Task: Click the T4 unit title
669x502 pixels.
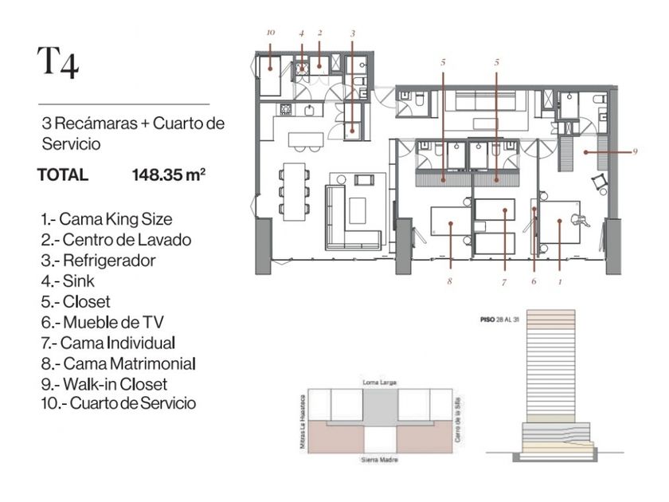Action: coord(58,62)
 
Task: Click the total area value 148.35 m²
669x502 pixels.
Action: coord(169,175)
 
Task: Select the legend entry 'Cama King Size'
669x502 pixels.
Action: coord(107,219)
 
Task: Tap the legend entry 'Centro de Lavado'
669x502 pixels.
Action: coord(116,240)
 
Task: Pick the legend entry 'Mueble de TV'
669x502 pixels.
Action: coord(103,322)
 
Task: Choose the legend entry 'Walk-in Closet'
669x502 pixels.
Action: coord(104,384)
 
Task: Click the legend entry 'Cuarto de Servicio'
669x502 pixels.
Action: coord(119,403)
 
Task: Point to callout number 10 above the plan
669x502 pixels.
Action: coord(271,33)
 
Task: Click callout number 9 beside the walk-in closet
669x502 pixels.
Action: coord(635,151)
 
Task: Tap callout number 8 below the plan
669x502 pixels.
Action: coord(449,280)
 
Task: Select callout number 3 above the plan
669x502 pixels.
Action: coord(352,33)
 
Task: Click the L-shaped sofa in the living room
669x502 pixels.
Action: coord(353,218)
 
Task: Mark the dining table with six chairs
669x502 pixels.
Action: coord(295,192)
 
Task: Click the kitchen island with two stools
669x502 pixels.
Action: coord(306,142)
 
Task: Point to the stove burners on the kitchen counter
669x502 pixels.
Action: coord(286,110)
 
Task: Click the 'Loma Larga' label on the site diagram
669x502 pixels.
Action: coord(379,382)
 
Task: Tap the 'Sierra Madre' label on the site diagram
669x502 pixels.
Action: coord(379,460)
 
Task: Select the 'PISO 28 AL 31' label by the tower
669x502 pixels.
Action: coord(499,320)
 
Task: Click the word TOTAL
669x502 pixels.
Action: coord(63,175)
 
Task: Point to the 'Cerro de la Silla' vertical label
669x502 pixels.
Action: coord(457,420)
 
